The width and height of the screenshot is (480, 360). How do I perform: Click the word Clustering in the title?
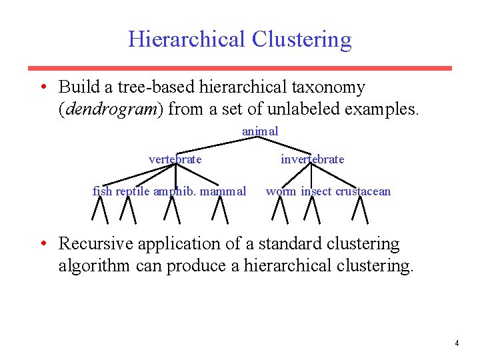point(301,39)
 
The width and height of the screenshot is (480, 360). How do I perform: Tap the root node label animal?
point(260,131)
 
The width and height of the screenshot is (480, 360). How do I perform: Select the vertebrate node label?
point(175,159)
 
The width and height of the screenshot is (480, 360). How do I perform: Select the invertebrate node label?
point(312,159)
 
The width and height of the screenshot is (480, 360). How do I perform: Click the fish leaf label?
point(102,191)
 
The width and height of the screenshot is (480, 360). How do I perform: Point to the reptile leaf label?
point(133,191)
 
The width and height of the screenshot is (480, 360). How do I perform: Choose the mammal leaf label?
point(222,191)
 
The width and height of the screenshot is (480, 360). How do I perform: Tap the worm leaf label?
point(281,191)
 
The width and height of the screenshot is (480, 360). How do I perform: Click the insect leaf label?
point(316,191)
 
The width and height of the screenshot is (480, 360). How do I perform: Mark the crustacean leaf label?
point(363,191)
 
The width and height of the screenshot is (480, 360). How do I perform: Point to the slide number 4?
point(457,343)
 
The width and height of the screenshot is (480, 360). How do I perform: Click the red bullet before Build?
point(43,87)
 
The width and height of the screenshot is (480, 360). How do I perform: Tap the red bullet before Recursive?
point(43,244)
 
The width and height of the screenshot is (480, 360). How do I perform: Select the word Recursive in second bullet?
point(97,244)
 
